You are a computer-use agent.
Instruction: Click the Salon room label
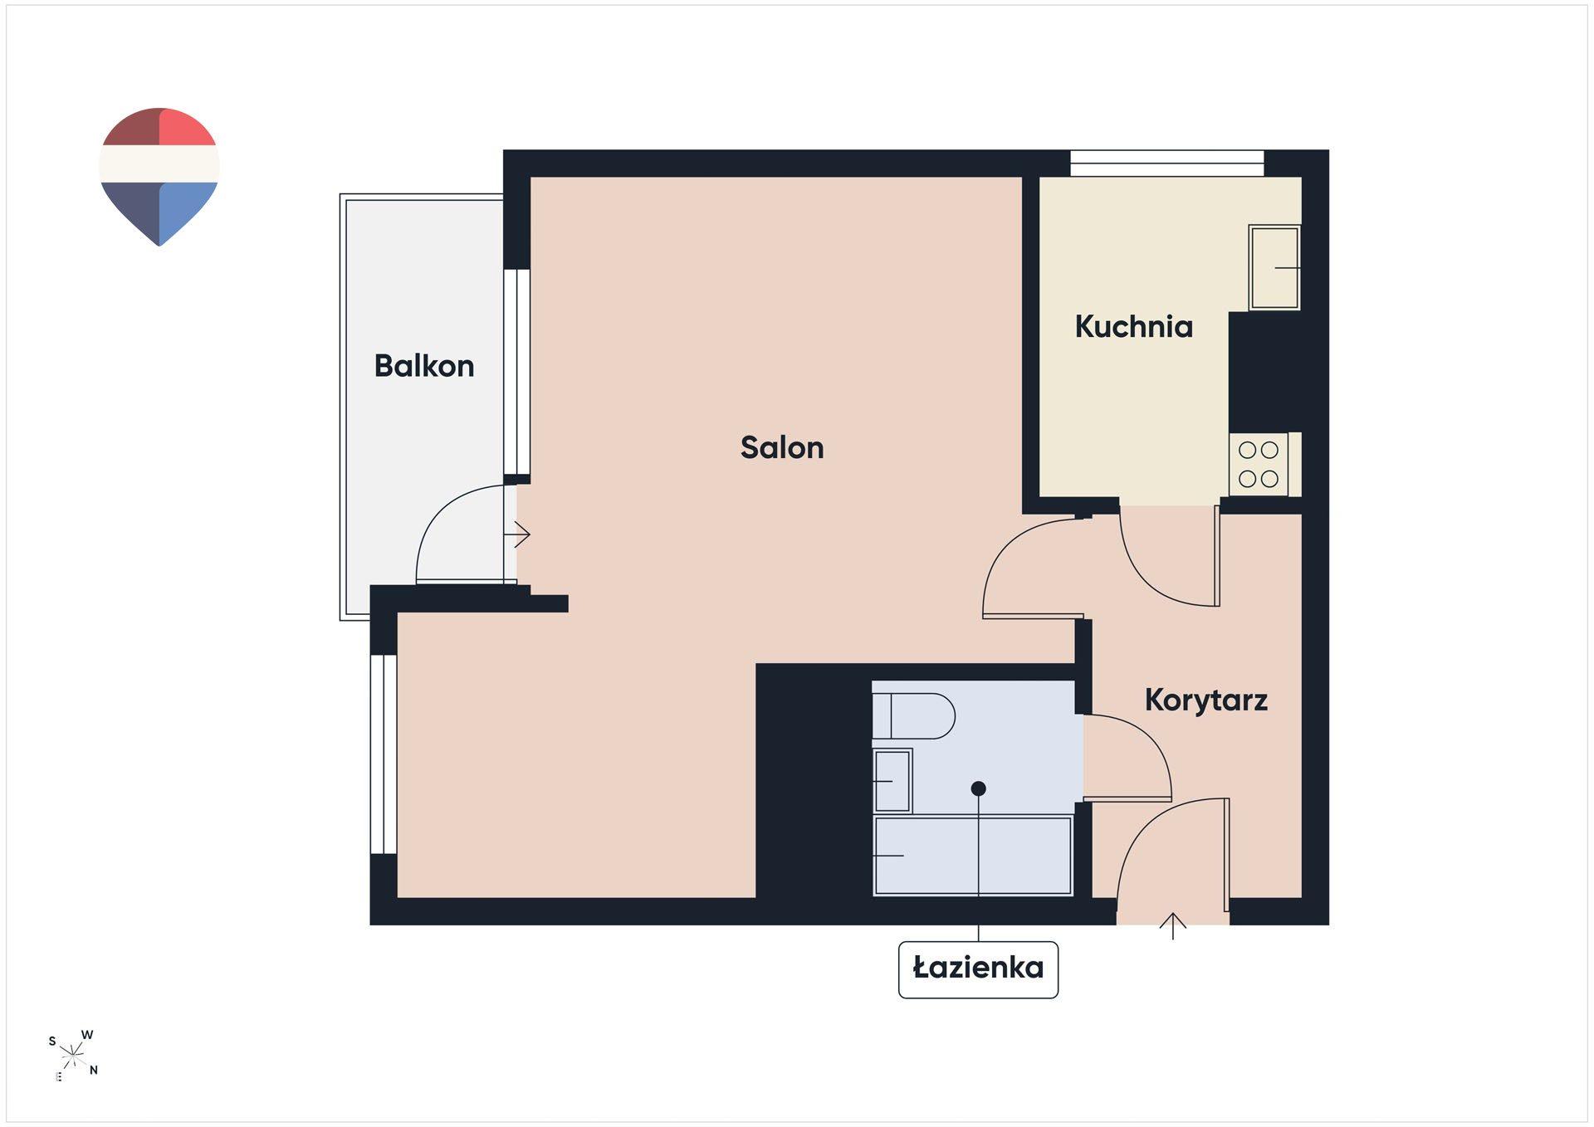click(782, 448)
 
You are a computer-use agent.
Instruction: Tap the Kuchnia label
click(1133, 327)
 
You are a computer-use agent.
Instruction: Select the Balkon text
click(424, 366)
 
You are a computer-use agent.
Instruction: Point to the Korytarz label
click(1206, 700)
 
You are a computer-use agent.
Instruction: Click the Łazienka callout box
click(978, 968)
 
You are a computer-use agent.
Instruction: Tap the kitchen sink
click(1275, 267)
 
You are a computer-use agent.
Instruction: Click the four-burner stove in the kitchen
click(1259, 465)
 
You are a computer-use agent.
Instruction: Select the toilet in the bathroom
click(913, 715)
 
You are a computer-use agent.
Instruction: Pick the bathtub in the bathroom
click(973, 856)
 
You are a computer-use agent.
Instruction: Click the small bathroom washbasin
click(892, 781)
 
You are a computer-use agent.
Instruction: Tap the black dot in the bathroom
click(979, 788)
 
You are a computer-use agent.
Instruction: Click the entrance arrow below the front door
click(1173, 926)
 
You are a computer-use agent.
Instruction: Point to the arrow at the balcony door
click(521, 534)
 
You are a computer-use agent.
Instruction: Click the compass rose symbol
click(73, 1056)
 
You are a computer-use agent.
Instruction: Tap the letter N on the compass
click(94, 1071)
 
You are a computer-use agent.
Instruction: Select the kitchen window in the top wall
click(1166, 163)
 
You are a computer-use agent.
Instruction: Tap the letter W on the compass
click(87, 1035)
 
